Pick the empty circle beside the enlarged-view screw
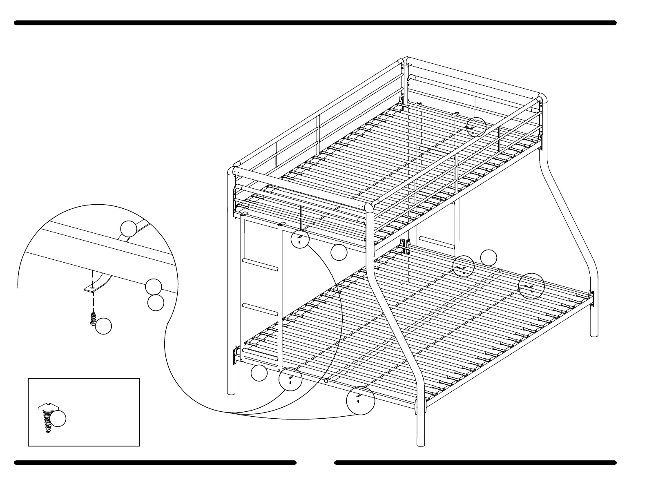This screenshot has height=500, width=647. tap(103, 326)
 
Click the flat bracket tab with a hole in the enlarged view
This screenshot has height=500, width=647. tap(91, 288)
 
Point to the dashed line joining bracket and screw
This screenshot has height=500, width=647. tap(94, 302)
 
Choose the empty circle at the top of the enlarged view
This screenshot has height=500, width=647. tap(128, 229)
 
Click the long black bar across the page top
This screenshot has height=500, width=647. tap(315, 23)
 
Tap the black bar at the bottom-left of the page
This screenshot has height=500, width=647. tap(155, 463)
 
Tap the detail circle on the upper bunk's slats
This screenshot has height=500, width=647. tap(476, 127)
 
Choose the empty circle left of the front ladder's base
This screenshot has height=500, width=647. tap(259, 373)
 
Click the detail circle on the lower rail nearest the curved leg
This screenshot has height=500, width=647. tap(360, 400)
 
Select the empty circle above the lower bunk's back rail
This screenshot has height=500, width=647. tap(489, 257)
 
